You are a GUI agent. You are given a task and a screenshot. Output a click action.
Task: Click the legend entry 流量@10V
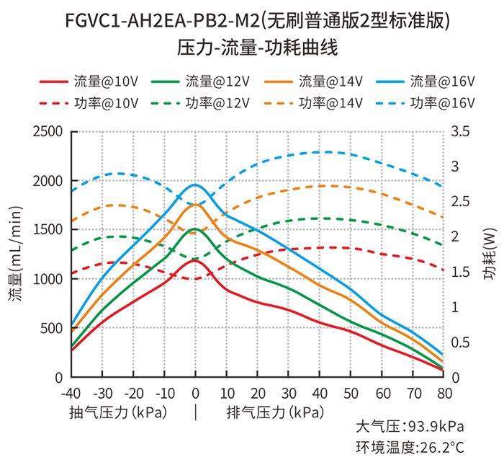coord(89,81)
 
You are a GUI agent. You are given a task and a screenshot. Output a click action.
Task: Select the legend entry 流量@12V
coord(200,81)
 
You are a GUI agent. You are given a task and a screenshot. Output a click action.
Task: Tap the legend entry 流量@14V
coord(313,81)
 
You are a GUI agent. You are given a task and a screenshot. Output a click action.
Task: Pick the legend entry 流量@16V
coord(425,81)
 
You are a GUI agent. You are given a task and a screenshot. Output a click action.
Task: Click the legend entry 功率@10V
coord(89,103)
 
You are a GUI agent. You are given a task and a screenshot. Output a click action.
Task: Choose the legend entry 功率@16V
coord(425,103)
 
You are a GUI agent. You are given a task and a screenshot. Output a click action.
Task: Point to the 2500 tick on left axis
coord(48,132)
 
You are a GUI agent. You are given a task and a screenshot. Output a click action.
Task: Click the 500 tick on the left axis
coord(51,328)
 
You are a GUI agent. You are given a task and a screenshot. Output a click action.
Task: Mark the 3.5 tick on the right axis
coord(460,132)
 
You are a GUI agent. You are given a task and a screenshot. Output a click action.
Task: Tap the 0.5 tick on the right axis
coord(460,342)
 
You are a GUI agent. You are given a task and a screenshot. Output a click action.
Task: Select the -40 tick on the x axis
coord(71,393)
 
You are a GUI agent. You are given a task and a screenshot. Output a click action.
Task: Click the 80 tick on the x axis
coord(444,393)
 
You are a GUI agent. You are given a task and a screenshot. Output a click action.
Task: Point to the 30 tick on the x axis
coord(289,393)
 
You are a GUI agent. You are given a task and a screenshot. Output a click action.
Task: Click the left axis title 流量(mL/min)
coord(16,254)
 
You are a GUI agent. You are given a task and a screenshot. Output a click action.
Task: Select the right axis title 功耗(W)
coord(490,254)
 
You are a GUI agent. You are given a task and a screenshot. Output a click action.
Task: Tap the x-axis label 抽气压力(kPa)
coord(118,412)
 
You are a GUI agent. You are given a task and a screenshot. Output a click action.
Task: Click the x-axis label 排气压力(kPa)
coord(276,412)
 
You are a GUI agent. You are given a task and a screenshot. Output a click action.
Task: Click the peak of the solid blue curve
coord(195,185)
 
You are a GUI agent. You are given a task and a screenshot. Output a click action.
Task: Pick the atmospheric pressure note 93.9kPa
coord(436,427)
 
